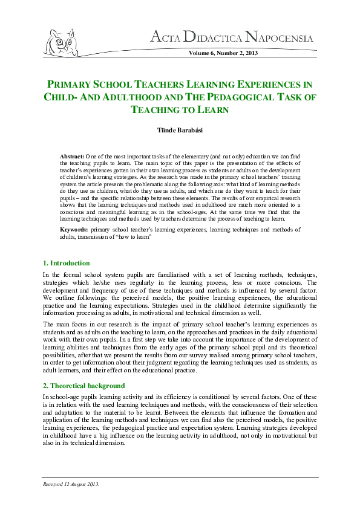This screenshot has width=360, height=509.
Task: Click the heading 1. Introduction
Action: (x=67, y=263)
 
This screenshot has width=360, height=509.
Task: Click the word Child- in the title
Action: (x=58, y=97)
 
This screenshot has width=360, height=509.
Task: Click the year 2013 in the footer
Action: (x=92, y=484)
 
